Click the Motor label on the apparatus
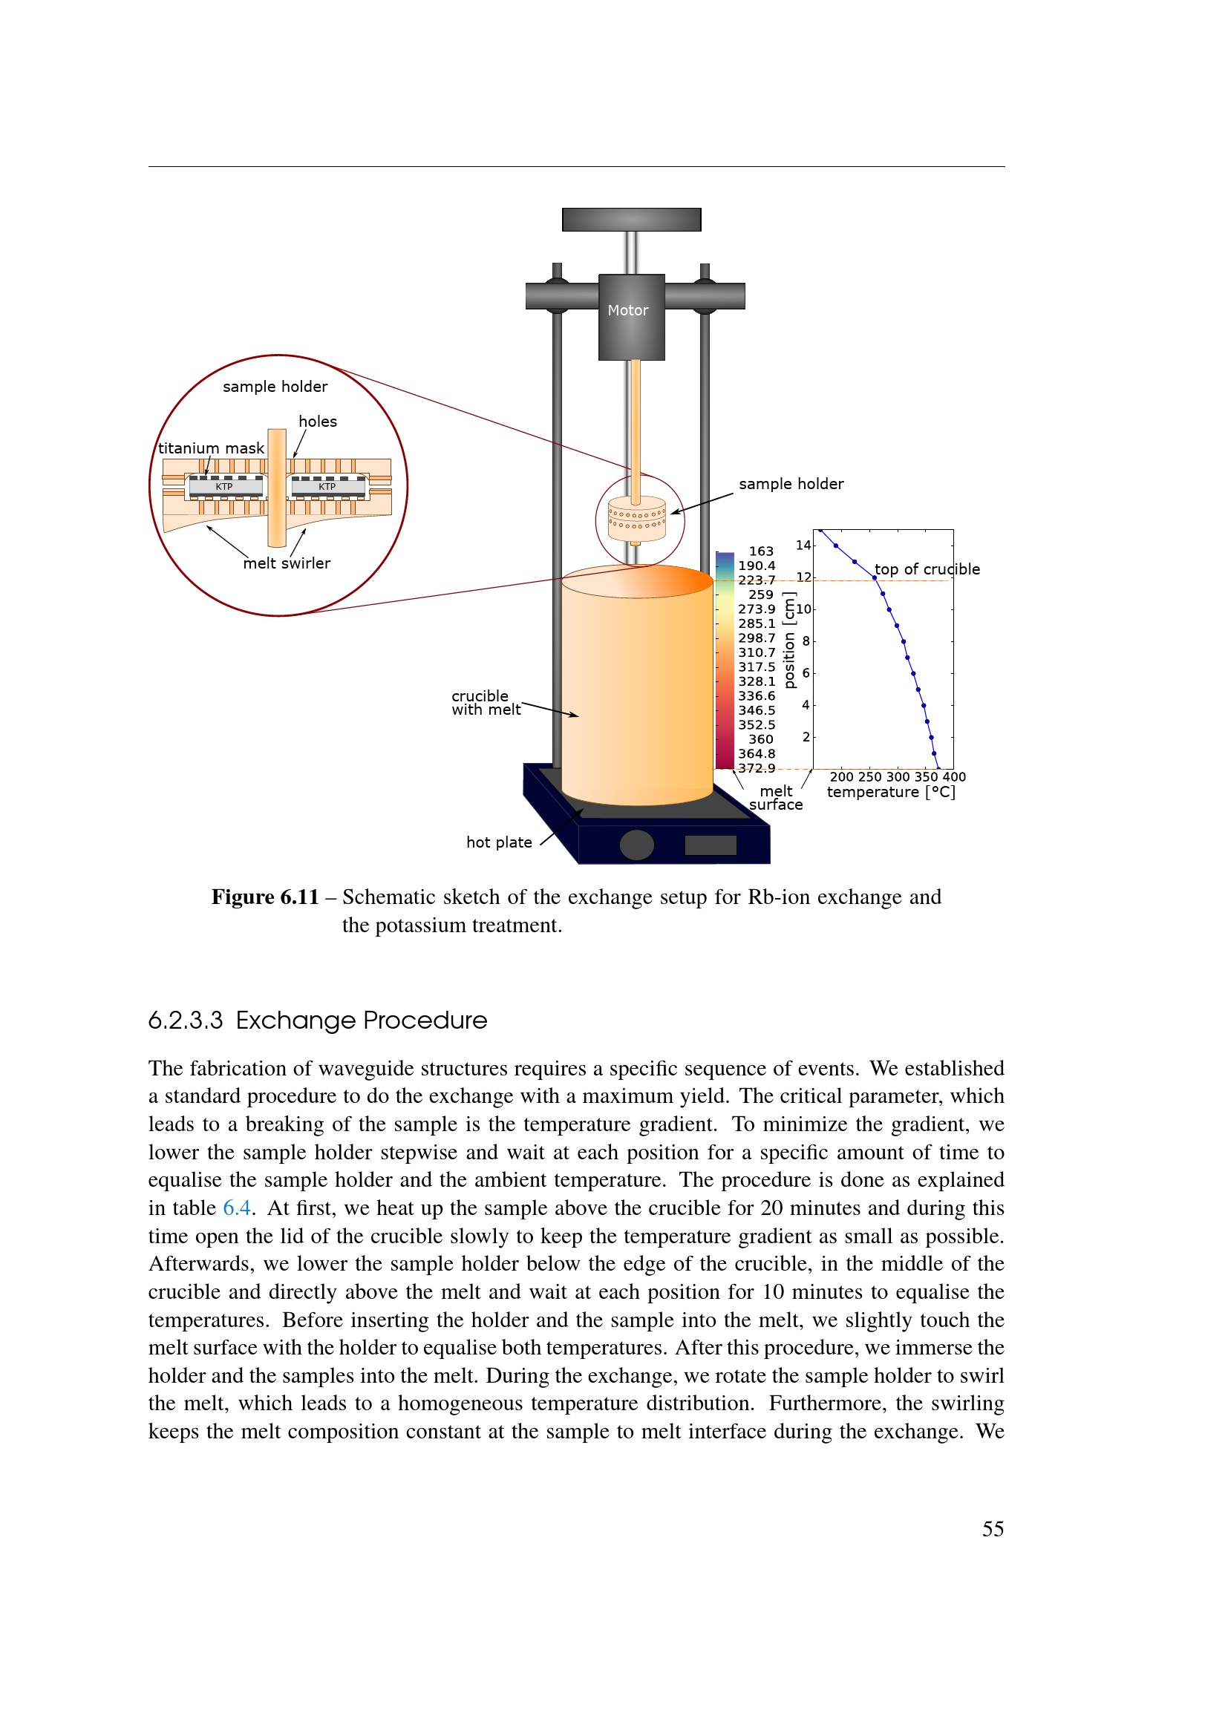tap(627, 310)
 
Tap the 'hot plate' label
tap(499, 842)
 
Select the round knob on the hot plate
tap(637, 845)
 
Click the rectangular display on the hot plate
tap(710, 845)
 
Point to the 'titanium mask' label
tap(211, 448)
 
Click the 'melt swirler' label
tap(287, 563)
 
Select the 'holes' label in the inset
tap(318, 422)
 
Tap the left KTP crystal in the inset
tap(224, 487)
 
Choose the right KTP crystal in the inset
tap(327, 487)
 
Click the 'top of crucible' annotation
tap(927, 569)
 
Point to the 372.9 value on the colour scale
tap(757, 768)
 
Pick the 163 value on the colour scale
tap(761, 551)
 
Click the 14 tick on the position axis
tap(803, 546)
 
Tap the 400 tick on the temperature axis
tap(954, 776)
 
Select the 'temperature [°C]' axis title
tap(891, 792)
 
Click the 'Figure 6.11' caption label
tap(264, 897)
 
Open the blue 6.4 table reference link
tap(237, 1208)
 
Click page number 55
tap(993, 1529)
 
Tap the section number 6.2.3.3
tap(186, 1020)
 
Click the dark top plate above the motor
tap(631, 219)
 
